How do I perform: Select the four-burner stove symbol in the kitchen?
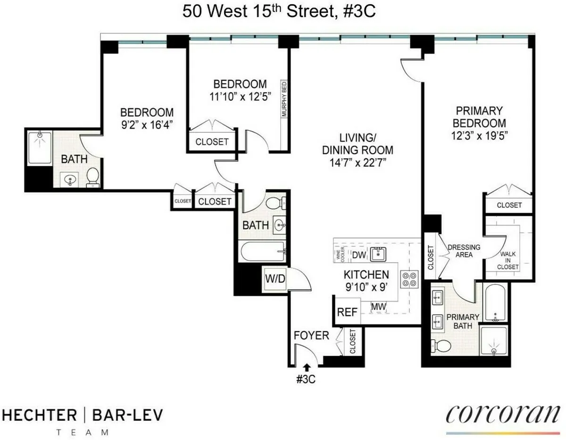408,279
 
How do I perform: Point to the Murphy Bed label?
284,99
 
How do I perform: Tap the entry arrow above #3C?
307,367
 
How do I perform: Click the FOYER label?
311,336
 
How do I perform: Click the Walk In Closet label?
509,260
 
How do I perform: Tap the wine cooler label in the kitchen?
339,254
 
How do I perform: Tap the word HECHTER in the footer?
40,415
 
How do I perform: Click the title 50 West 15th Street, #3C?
279,12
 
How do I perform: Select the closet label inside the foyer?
353,342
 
